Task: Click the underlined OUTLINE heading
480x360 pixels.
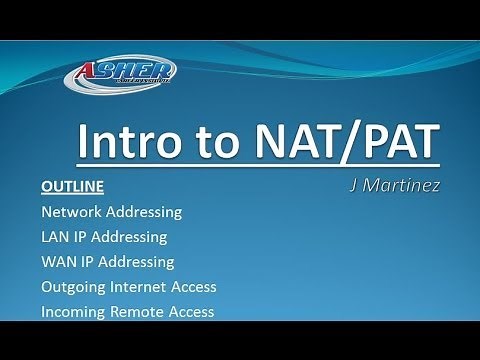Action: coord(72,187)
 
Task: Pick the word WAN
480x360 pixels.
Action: coord(58,262)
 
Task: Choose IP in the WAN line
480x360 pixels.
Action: coord(89,262)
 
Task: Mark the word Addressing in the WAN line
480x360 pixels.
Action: coord(138,262)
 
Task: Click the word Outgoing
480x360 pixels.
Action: coord(73,287)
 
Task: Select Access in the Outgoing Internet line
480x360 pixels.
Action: coord(194,287)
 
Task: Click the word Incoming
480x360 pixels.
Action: coord(73,312)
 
